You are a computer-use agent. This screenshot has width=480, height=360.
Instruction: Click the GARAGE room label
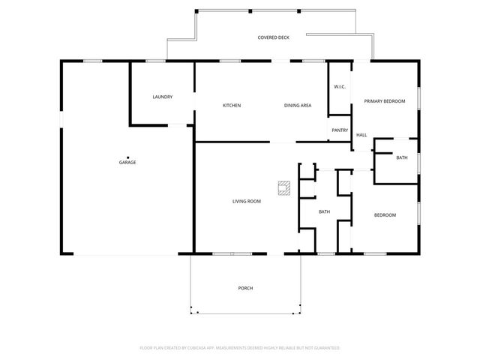[127, 163]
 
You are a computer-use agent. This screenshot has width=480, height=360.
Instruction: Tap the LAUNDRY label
[163, 97]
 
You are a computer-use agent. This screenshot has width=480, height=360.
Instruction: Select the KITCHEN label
[232, 105]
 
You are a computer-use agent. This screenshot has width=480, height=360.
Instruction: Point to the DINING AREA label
[298, 105]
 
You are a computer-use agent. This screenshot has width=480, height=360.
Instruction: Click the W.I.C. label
[339, 87]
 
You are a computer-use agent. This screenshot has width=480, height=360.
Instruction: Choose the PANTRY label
[339, 130]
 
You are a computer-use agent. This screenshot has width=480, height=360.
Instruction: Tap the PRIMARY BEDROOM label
[384, 100]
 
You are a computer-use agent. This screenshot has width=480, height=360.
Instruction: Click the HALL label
[361, 135]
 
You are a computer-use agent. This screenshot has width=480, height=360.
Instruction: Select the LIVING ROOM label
[246, 201]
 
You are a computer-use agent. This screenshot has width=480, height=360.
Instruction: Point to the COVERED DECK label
[274, 37]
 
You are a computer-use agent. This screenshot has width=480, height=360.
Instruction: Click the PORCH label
[245, 288]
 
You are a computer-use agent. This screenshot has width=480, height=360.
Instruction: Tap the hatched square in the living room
[284, 187]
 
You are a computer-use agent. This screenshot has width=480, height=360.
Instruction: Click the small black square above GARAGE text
[127, 157]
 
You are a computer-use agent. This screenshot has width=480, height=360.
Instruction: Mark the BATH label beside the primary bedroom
[402, 157]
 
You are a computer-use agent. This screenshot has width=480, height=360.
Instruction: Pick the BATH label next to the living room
[324, 211]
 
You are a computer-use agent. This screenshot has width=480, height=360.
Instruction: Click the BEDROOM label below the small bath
[385, 215]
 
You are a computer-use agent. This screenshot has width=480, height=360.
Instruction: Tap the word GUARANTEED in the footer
[323, 348]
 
